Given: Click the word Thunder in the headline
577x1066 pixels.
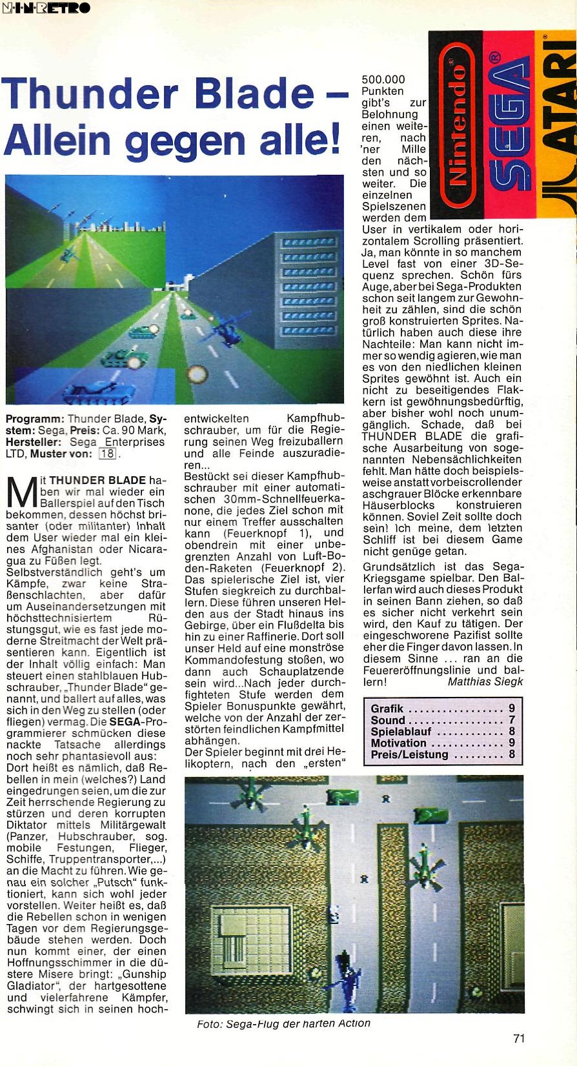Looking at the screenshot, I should point(90,94).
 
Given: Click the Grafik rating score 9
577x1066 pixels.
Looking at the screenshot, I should point(512,709).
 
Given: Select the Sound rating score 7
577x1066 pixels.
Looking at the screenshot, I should point(512,720).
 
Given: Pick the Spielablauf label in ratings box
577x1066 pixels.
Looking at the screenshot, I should point(401,732).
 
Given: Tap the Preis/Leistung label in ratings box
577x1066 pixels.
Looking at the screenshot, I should point(409,754).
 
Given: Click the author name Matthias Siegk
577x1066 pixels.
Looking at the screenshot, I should point(485,681).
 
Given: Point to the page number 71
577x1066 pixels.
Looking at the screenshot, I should point(519,1038).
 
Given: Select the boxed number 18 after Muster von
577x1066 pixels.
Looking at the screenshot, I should point(107,454).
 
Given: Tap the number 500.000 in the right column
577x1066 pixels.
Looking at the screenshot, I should point(383,79).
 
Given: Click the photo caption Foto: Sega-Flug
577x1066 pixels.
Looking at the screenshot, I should point(283,1023).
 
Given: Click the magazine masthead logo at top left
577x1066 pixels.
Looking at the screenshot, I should point(46,8).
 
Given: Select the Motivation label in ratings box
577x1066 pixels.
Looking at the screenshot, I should point(398,743).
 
